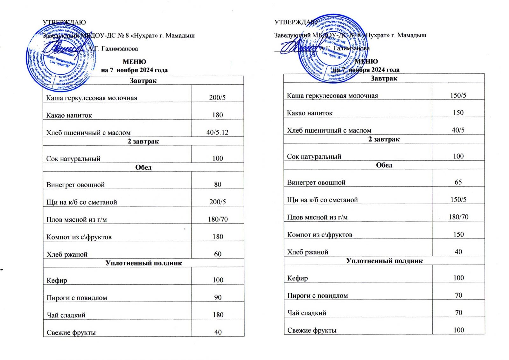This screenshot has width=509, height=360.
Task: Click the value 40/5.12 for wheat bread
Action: tap(217, 132)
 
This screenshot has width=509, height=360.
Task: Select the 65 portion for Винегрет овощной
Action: tap(458, 182)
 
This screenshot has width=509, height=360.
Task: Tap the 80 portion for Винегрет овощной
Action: tap(218, 184)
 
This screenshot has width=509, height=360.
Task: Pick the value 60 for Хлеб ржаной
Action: tap(218, 254)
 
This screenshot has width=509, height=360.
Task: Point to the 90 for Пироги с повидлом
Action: tap(218, 297)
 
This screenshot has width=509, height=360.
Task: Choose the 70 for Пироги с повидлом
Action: tap(458, 295)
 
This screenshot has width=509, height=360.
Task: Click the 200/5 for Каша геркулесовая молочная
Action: tap(217, 98)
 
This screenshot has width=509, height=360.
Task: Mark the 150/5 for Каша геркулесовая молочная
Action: tap(458, 95)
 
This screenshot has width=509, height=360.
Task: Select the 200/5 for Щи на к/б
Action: tap(218, 202)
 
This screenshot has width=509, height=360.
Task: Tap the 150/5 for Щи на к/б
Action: tap(458, 200)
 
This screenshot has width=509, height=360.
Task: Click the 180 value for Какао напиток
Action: tap(218, 115)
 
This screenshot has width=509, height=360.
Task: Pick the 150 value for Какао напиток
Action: tap(458, 113)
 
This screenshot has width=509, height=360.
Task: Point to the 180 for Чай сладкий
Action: tap(218, 315)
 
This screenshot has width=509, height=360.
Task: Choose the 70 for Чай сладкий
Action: tap(458, 313)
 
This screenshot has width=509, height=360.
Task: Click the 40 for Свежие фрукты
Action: tap(218, 332)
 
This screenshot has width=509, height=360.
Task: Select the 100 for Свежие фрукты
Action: tap(458, 330)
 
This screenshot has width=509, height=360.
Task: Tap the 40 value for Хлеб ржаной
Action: tap(458, 252)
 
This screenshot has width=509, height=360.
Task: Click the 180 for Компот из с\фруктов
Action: tap(218, 237)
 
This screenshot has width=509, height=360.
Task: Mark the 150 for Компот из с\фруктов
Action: tap(458, 234)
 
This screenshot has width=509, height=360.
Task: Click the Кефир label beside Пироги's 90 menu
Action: tap(57, 280)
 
